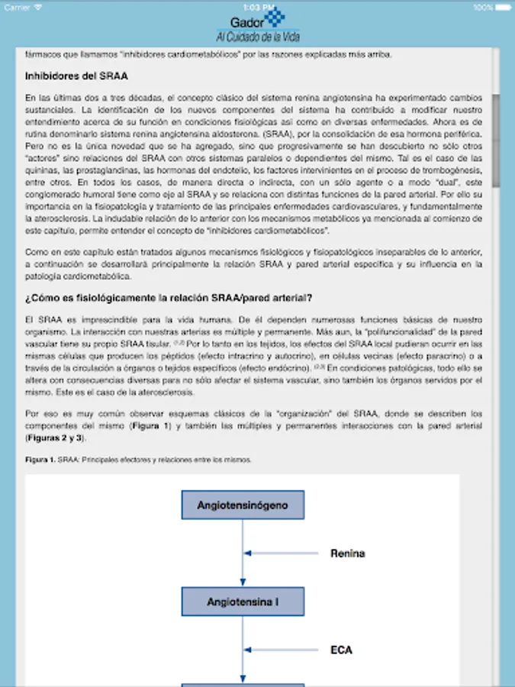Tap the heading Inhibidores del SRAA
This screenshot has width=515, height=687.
click(76, 76)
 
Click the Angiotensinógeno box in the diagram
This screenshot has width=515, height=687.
click(243, 505)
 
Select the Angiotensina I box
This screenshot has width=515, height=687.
click(243, 602)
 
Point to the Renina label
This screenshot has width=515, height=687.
click(347, 553)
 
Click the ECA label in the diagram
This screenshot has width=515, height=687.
click(341, 650)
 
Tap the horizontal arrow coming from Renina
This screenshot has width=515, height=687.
click(282, 553)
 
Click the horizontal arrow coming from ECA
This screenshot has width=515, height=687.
click(282, 650)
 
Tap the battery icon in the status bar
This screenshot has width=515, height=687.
click(503, 7)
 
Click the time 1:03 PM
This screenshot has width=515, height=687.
click(258, 7)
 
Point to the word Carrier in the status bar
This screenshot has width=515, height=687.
click(17, 7)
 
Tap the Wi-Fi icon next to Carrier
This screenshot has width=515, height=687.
click(38, 7)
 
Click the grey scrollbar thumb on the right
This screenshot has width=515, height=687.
click(496, 141)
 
